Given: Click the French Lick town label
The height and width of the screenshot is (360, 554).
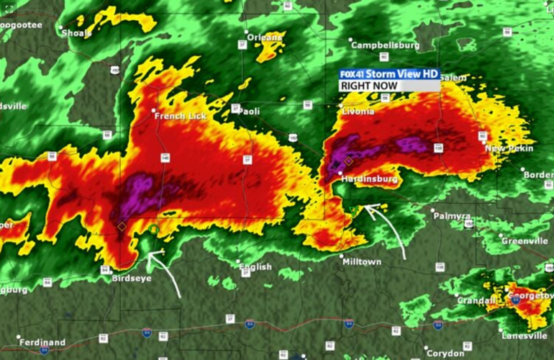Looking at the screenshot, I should pos(181,116).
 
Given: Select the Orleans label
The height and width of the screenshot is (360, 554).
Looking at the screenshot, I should pos(265,37).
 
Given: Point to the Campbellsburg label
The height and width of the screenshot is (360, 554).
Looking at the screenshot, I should pos(385,45).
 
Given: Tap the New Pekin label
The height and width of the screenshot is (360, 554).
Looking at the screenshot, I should pos(509,148).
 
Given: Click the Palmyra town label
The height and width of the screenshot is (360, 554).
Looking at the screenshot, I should pos(453,215).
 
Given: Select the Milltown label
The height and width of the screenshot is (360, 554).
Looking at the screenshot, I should pos(362,262).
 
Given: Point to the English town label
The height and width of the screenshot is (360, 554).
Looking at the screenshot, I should pos(255,266).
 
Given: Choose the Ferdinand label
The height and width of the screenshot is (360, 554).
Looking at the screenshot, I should pos(42,342).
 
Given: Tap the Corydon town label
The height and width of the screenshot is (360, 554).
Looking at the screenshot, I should pos(446,353).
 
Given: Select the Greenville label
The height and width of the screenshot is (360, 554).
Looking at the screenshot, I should pos(525,240).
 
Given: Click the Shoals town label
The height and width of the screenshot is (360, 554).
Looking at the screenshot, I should pos(76,32).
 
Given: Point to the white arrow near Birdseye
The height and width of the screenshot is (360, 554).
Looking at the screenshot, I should pos(165,271).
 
